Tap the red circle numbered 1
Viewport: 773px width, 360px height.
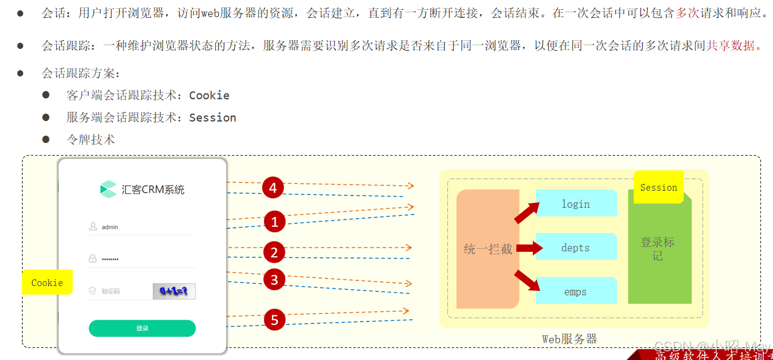click(x=274, y=222)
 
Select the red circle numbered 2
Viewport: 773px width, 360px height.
click(x=274, y=252)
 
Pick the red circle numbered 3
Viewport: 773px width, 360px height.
click(x=274, y=280)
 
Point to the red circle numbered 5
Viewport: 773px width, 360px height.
click(x=274, y=320)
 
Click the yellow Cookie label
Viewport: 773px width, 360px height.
click(x=47, y=283)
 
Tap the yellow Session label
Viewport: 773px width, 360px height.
click(x=658, y=188)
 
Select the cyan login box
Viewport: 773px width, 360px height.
click(x=576, y=204)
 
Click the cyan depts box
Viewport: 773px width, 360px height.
click(x=576, y=248)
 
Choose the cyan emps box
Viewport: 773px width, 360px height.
click(x=576, y=292)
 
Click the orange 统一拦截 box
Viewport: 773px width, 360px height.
click(x=488, y=249)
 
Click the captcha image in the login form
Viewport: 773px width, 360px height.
click(x=174, y=292)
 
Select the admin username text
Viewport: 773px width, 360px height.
click(x=110, y=227)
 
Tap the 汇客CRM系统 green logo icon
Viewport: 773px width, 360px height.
click(x=108, y=189)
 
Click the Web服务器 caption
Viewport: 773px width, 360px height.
click(x=569, y=339)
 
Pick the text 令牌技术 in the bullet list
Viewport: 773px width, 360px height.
click(x=90, y=139)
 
